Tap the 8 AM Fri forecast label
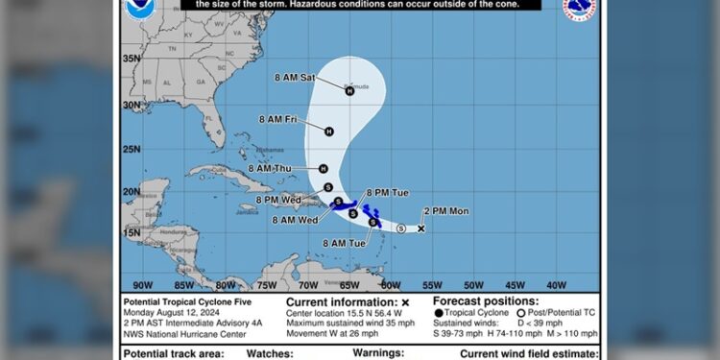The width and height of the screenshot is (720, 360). tap(277, 119)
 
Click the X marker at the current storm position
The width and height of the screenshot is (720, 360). tap(420, 228)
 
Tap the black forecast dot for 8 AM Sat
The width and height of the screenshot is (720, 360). tap(350, 91)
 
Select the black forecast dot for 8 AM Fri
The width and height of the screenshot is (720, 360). tap(328, 132)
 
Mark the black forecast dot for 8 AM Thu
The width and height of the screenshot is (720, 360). tap(324, 168)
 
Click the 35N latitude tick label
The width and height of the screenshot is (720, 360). tap(132, 59)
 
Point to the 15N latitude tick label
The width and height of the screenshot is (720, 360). tap(132, 232)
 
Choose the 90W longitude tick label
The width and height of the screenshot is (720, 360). tap(142, 284)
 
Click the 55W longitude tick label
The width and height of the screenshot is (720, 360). tap(432, 284)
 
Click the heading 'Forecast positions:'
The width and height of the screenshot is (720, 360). tap(473, 301)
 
